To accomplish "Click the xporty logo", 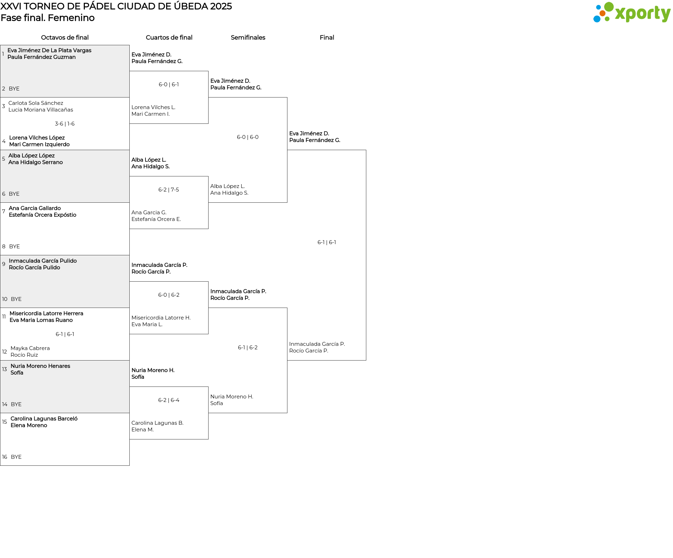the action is tap(632, 13).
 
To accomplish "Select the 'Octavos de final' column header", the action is tap(65, 38).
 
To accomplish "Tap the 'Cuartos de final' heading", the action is tap(169, 38).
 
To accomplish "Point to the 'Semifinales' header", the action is tap(248, 38).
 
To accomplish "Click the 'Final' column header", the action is tap(327, 38).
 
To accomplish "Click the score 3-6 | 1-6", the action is tap(65, 124).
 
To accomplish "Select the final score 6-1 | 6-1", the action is tap(327, 242).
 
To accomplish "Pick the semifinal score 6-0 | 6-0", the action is tap(248, 137).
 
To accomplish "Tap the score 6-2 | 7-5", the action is tap(169, 190).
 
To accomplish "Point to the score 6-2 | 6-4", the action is tap(169, 400).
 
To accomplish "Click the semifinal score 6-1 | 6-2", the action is tap(248, 348).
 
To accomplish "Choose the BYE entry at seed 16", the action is tap(16, 457).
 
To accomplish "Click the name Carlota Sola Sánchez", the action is tap(36, 103).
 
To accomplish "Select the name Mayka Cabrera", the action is tap(30, 348).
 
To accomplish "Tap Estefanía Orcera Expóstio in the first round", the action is tap(42, 215).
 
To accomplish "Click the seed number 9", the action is tap(4, 264).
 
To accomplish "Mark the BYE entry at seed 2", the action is tap(14, 89).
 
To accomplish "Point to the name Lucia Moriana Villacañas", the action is tap(41, 110).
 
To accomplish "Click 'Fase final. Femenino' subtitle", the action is tap(48, 18).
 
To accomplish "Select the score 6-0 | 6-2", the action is tap(169, 295).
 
